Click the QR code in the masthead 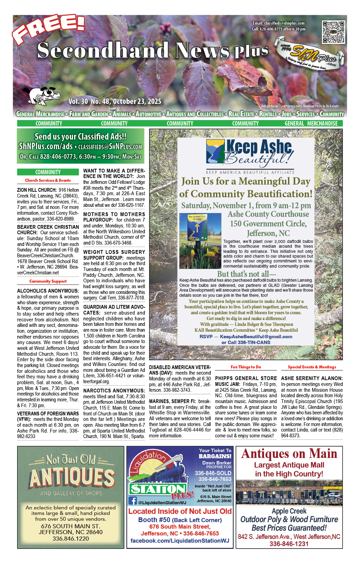tap(333, 32)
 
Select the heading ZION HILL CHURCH tap(37, 190)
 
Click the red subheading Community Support tap(48, 281)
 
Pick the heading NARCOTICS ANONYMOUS tap(114, 390)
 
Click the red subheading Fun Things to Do tap(246, 367)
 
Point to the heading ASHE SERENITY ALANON tap(312, 378)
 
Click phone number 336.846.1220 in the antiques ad tap(71, 539)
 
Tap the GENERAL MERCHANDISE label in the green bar tap(311, 123)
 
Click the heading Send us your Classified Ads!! tap(81, 137)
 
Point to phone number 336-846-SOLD tap(213, 473)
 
